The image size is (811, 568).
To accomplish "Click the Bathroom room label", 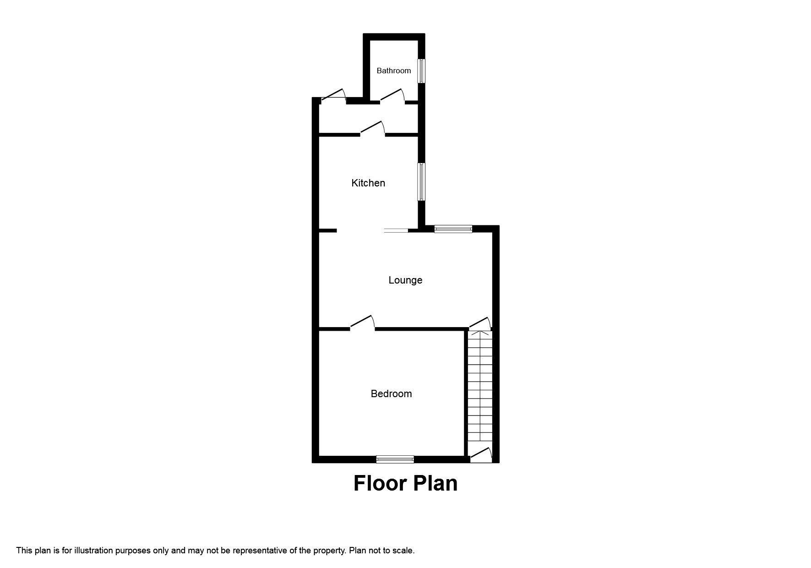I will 393,71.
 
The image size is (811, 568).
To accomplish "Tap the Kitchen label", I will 368,183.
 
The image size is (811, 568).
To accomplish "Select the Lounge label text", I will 405,280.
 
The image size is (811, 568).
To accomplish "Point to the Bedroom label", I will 391,393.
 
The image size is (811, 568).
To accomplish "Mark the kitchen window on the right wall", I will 420,181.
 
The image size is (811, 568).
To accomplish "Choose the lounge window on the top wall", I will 453,229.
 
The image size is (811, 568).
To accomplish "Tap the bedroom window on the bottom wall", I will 395,459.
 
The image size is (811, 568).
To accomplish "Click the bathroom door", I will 392,97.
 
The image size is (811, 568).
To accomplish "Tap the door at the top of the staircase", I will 480,323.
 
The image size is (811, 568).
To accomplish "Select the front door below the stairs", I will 481,454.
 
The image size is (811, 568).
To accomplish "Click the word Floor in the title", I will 380,484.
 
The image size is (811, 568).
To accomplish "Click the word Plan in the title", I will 435,484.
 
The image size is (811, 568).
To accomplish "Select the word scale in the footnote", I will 403,551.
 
